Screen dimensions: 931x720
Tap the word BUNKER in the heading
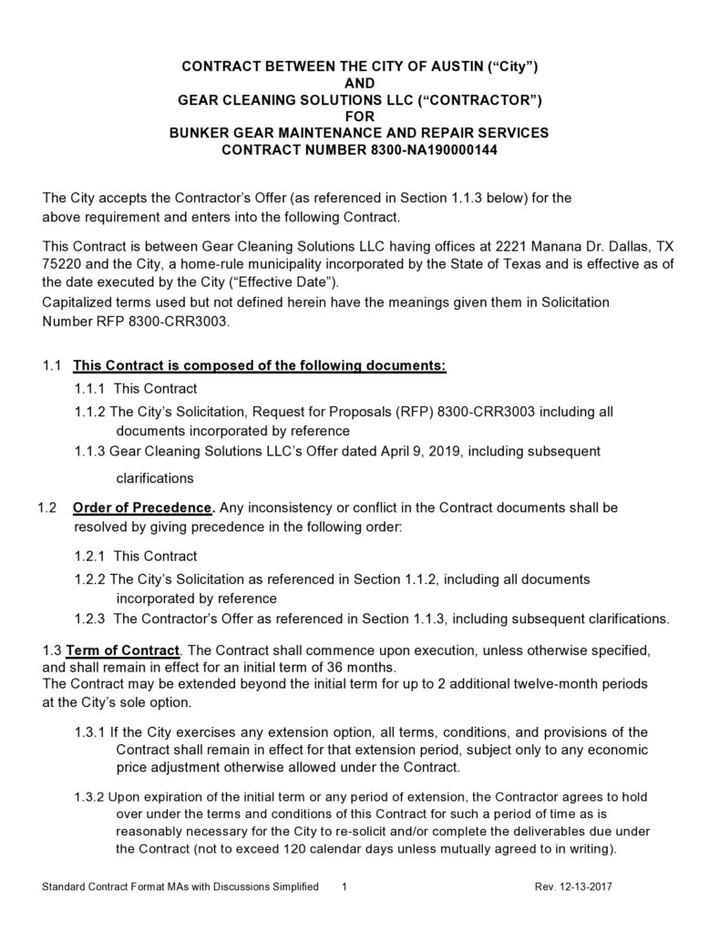206,133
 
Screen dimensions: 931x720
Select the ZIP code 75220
63,264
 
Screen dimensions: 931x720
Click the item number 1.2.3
91,619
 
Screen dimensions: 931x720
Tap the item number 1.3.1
90,732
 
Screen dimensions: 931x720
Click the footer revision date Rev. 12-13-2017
581,886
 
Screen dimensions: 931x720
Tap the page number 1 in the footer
345,886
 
